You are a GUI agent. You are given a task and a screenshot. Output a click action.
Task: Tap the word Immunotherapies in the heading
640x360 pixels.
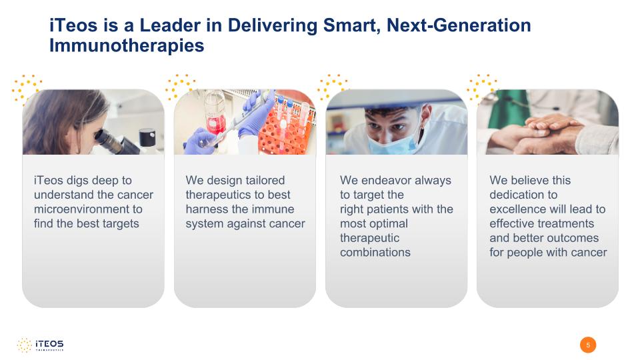(x=127, y=45)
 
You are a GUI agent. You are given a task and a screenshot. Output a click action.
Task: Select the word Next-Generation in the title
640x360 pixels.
(x=459, y=25)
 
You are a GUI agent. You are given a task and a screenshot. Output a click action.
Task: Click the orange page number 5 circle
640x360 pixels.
(x=588, y=345)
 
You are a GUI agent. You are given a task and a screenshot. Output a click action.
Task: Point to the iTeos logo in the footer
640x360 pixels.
(x=40, y=345)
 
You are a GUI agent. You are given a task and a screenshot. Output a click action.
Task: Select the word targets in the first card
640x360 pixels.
(x=121, y=224)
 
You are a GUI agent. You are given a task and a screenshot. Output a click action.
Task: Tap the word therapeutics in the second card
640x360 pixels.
(x=218, y=195)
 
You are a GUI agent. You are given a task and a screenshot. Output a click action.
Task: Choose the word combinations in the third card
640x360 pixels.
(x=375, y=252)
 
